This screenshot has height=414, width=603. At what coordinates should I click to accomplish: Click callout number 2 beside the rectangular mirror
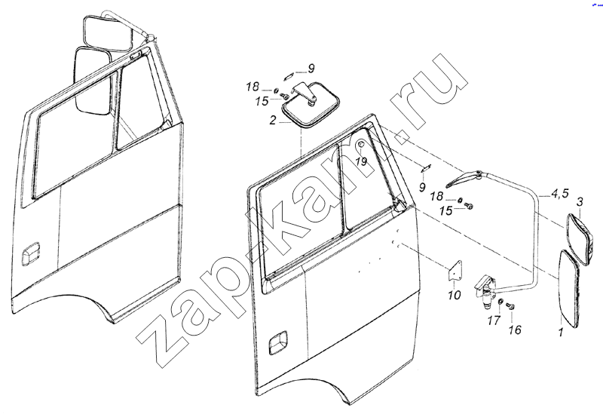(273, 121)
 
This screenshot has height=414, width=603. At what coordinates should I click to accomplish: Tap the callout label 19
(361, 161)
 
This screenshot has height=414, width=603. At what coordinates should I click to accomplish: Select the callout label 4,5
(560, 194)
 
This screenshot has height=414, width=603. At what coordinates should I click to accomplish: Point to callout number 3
(580, 201)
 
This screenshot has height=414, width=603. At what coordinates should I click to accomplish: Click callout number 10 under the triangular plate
(454, 295)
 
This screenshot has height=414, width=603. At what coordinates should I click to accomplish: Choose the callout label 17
(494, 320)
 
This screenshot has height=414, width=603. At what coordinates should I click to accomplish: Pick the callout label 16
(515, 330)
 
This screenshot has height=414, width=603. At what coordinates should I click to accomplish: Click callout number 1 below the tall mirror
(561, 332)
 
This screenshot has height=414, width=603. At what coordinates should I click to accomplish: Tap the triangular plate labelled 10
(455, 271)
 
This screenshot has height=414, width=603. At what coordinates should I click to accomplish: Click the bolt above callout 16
(510, 306)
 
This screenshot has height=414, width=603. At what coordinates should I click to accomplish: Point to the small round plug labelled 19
(361, 144)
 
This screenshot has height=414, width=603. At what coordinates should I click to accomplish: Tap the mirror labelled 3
(579, 239)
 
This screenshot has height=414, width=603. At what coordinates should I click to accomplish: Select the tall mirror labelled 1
(568, 289)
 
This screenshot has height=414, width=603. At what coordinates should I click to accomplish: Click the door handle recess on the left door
(31, 253)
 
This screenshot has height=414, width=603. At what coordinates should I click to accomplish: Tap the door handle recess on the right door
(278, 342)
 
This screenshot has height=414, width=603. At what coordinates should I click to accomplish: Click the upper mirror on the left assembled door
(108, 34)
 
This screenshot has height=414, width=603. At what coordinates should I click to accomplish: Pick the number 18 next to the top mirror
(253, 87)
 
